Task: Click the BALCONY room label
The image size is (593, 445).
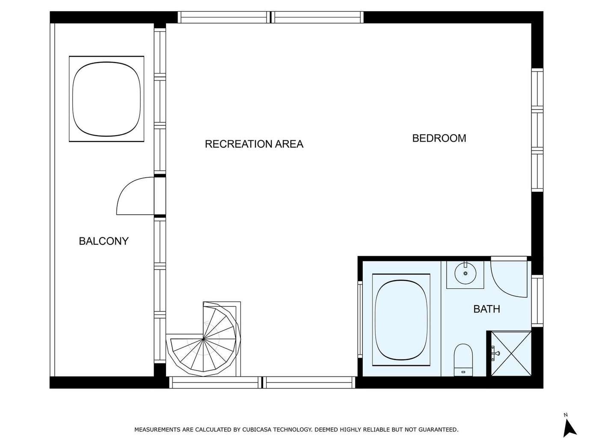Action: tap(104, 241)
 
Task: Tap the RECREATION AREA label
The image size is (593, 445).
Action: tap(254, 144)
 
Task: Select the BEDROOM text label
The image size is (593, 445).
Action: tap(439, 138)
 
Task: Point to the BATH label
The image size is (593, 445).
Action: tap(486, 309)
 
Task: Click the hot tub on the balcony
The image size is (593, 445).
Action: tap(107, 99)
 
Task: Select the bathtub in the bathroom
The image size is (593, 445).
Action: tap(401, 320)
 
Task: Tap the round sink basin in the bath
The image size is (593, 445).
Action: tap(465, 273)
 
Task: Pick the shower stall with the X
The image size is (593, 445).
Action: tap(511, 354)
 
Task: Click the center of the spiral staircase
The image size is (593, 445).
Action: tap(203, 338)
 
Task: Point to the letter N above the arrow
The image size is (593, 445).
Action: tap(566, 415)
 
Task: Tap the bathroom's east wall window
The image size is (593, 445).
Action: tap(537, 301)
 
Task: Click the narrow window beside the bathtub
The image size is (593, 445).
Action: tap(360, 320)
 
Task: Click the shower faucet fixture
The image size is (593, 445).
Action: tap(495, 353)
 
